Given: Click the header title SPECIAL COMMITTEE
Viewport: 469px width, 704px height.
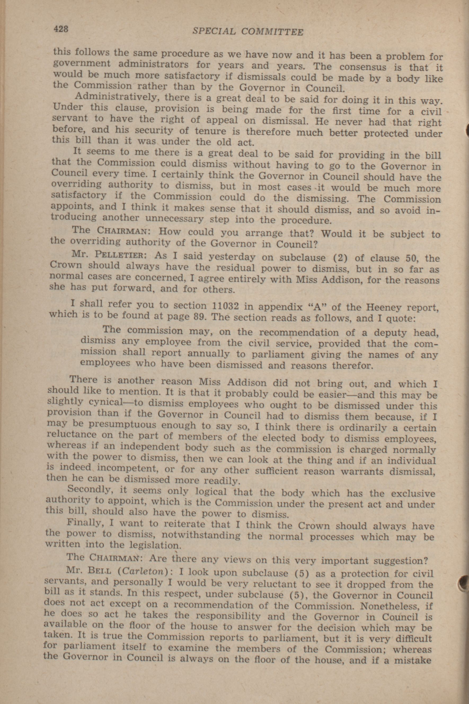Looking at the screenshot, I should (x=248, y=32).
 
